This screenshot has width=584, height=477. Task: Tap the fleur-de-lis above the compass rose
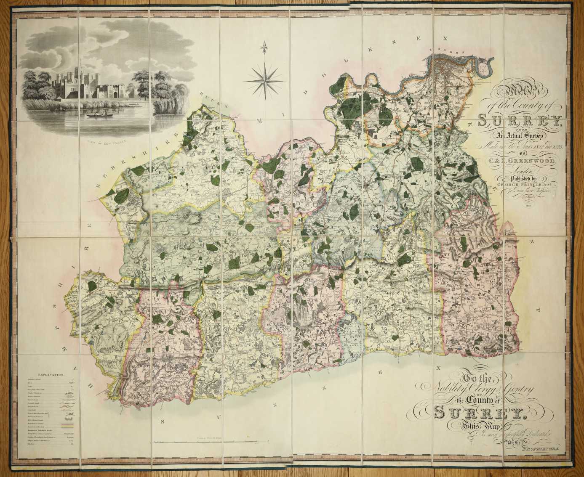coord(264,45)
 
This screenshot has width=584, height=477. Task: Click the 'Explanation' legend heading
coord(51,374)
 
